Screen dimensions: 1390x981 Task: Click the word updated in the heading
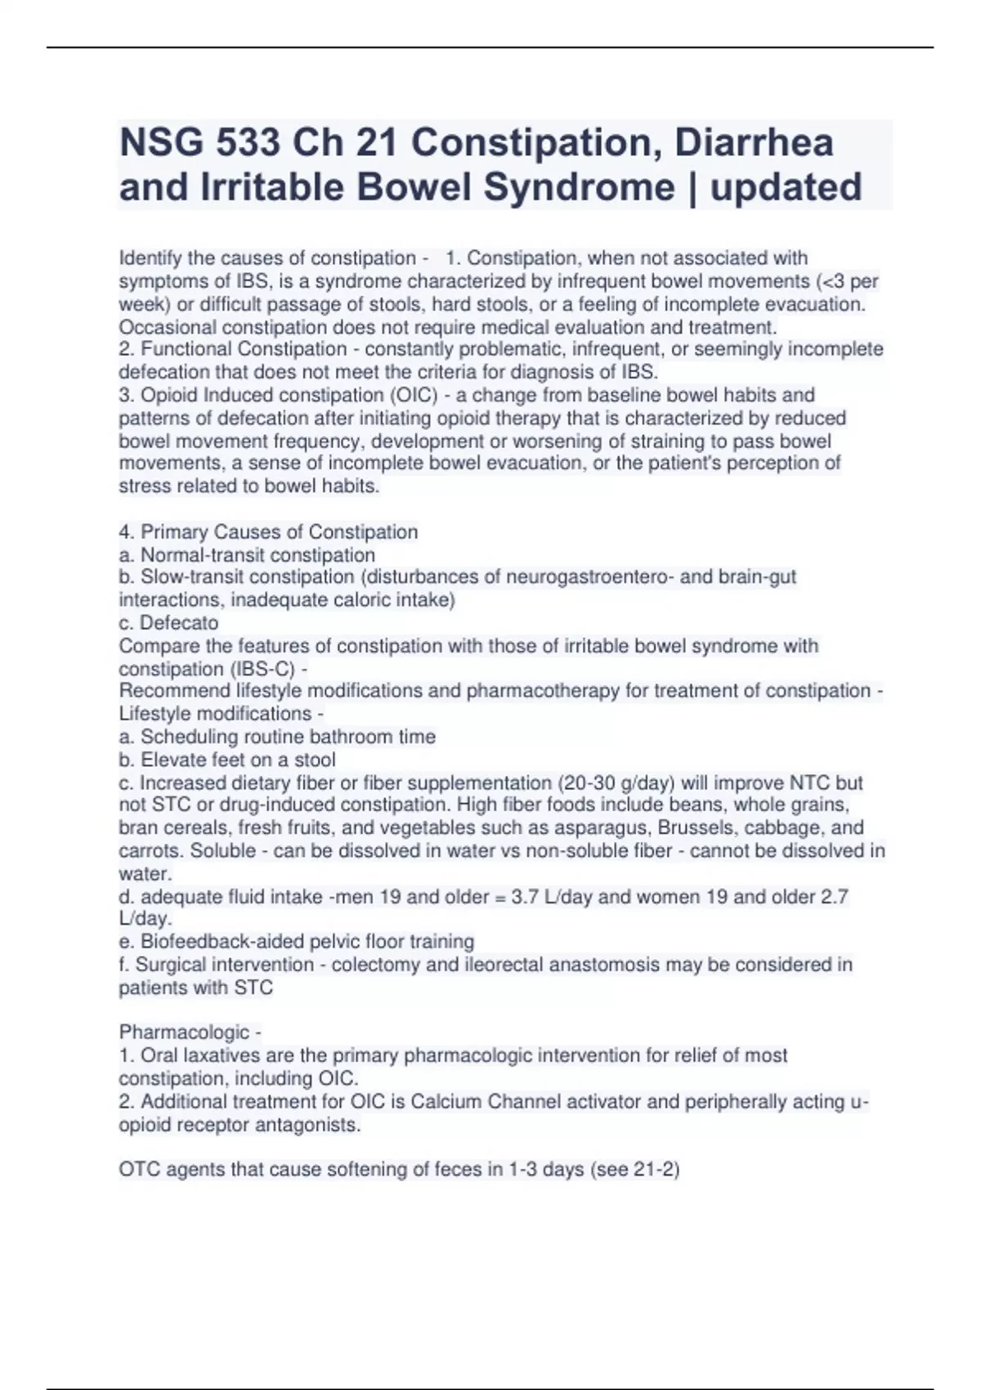pos(786,187)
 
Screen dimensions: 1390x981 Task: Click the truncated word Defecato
pos(179,623)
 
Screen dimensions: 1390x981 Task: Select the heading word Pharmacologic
pos(184,1032)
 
